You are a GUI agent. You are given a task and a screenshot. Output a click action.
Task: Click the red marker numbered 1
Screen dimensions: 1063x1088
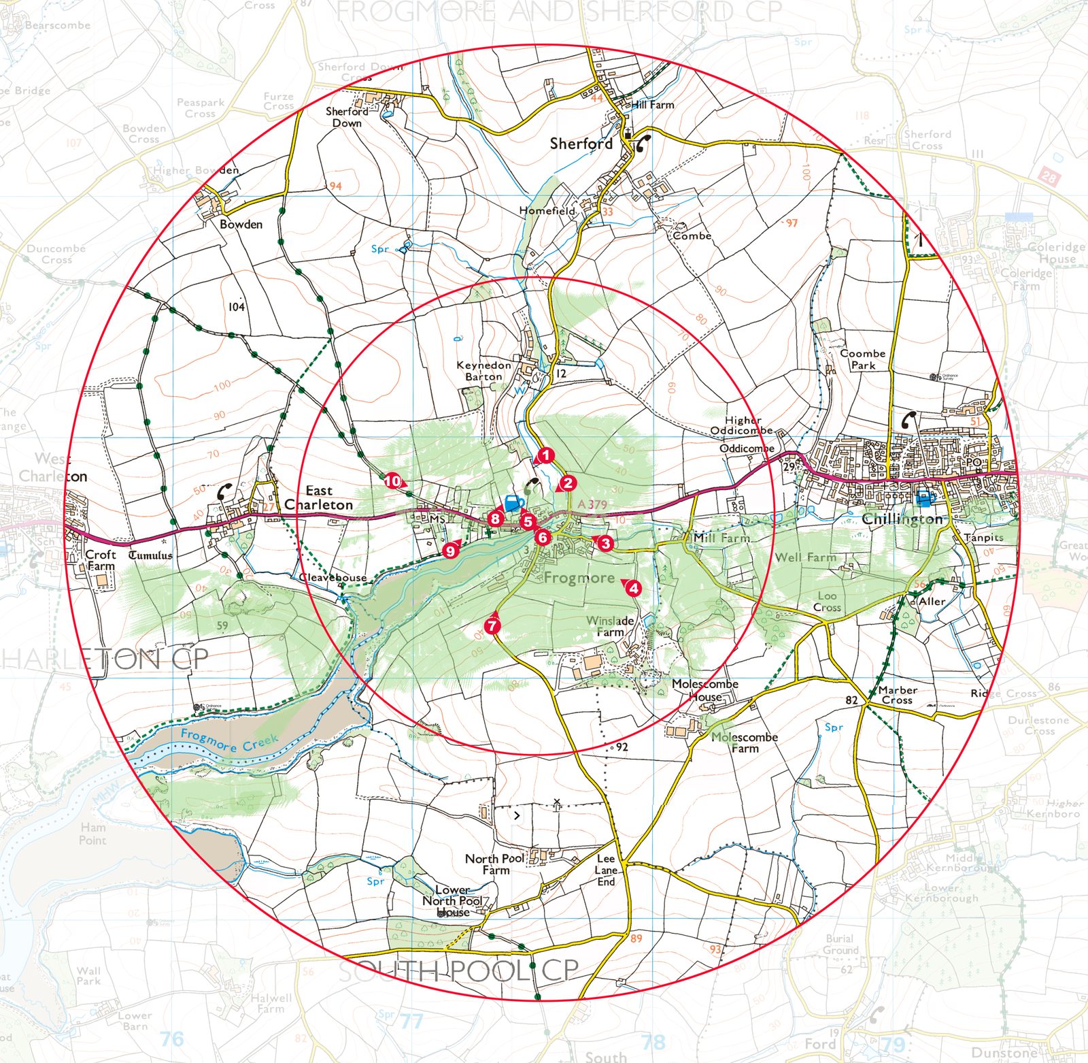point(545,455)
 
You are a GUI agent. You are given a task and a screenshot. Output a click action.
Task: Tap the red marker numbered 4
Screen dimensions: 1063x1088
point(634,588)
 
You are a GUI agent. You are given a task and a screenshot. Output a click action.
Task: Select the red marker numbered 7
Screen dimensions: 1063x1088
point(493,625)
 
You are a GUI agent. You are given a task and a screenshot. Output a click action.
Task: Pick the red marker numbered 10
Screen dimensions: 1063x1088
point(392,481)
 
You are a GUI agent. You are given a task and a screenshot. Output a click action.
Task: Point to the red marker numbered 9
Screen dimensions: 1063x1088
point(450,551)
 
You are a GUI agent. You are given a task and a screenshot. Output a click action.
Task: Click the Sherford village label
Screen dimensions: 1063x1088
point(581,144)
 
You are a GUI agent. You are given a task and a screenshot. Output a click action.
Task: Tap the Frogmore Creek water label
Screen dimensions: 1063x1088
point(229,740)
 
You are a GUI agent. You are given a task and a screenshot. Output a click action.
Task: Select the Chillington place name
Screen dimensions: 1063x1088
point(902,519)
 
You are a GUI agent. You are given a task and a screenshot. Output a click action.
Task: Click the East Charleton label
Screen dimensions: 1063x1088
point(318,497)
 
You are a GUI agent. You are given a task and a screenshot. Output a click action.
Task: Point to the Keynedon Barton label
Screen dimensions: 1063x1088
point(483,371)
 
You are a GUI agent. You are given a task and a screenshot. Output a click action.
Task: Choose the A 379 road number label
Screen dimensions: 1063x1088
point(592,504)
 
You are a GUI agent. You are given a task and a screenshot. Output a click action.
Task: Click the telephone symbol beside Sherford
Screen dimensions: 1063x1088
point(642,144)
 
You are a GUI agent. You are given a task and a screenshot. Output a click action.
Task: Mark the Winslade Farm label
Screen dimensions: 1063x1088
point(610,626)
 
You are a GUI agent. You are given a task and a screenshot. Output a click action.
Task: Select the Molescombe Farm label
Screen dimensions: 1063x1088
point(745,742)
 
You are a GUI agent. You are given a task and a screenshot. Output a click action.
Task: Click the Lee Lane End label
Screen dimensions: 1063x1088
point(606,870)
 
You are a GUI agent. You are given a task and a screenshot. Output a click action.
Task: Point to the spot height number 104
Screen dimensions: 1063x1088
point(236,307)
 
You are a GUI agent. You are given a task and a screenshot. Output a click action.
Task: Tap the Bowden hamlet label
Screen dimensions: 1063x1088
point(241,224)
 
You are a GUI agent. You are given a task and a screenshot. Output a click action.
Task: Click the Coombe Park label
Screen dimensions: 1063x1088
point(863,359)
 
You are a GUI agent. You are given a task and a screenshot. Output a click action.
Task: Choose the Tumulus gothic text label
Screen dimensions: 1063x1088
point(150,555)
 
